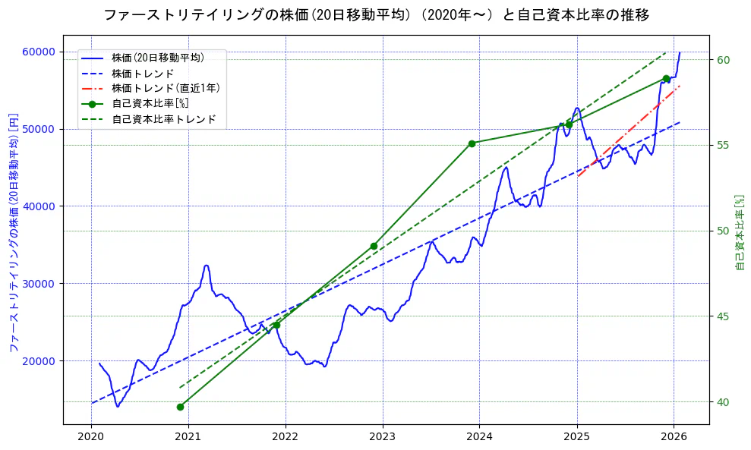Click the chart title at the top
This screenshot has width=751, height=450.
pos(375,15)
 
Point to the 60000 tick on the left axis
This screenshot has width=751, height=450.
pos(38,52)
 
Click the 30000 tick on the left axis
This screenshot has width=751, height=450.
pos(38,284)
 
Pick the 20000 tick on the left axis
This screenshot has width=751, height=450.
pos(38,361)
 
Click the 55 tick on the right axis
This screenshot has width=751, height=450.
pos(724,146)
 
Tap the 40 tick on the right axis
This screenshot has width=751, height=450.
pos(724,402)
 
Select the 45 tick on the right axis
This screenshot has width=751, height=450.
pos(724,316)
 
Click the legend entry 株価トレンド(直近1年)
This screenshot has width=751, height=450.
pos(166,88)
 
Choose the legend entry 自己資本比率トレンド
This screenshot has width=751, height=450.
pos(163,119)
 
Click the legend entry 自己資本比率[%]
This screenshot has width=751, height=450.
pos(150,104)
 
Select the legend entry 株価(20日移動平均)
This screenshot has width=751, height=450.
pos(157,57)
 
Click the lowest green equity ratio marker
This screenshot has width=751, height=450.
pos(180,407)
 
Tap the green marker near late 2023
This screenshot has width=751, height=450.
pos(472,143)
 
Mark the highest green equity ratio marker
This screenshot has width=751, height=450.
pos(666,78)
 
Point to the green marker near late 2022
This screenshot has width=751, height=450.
pos(374,246)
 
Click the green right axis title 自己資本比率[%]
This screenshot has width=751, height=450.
pos(740,231)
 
